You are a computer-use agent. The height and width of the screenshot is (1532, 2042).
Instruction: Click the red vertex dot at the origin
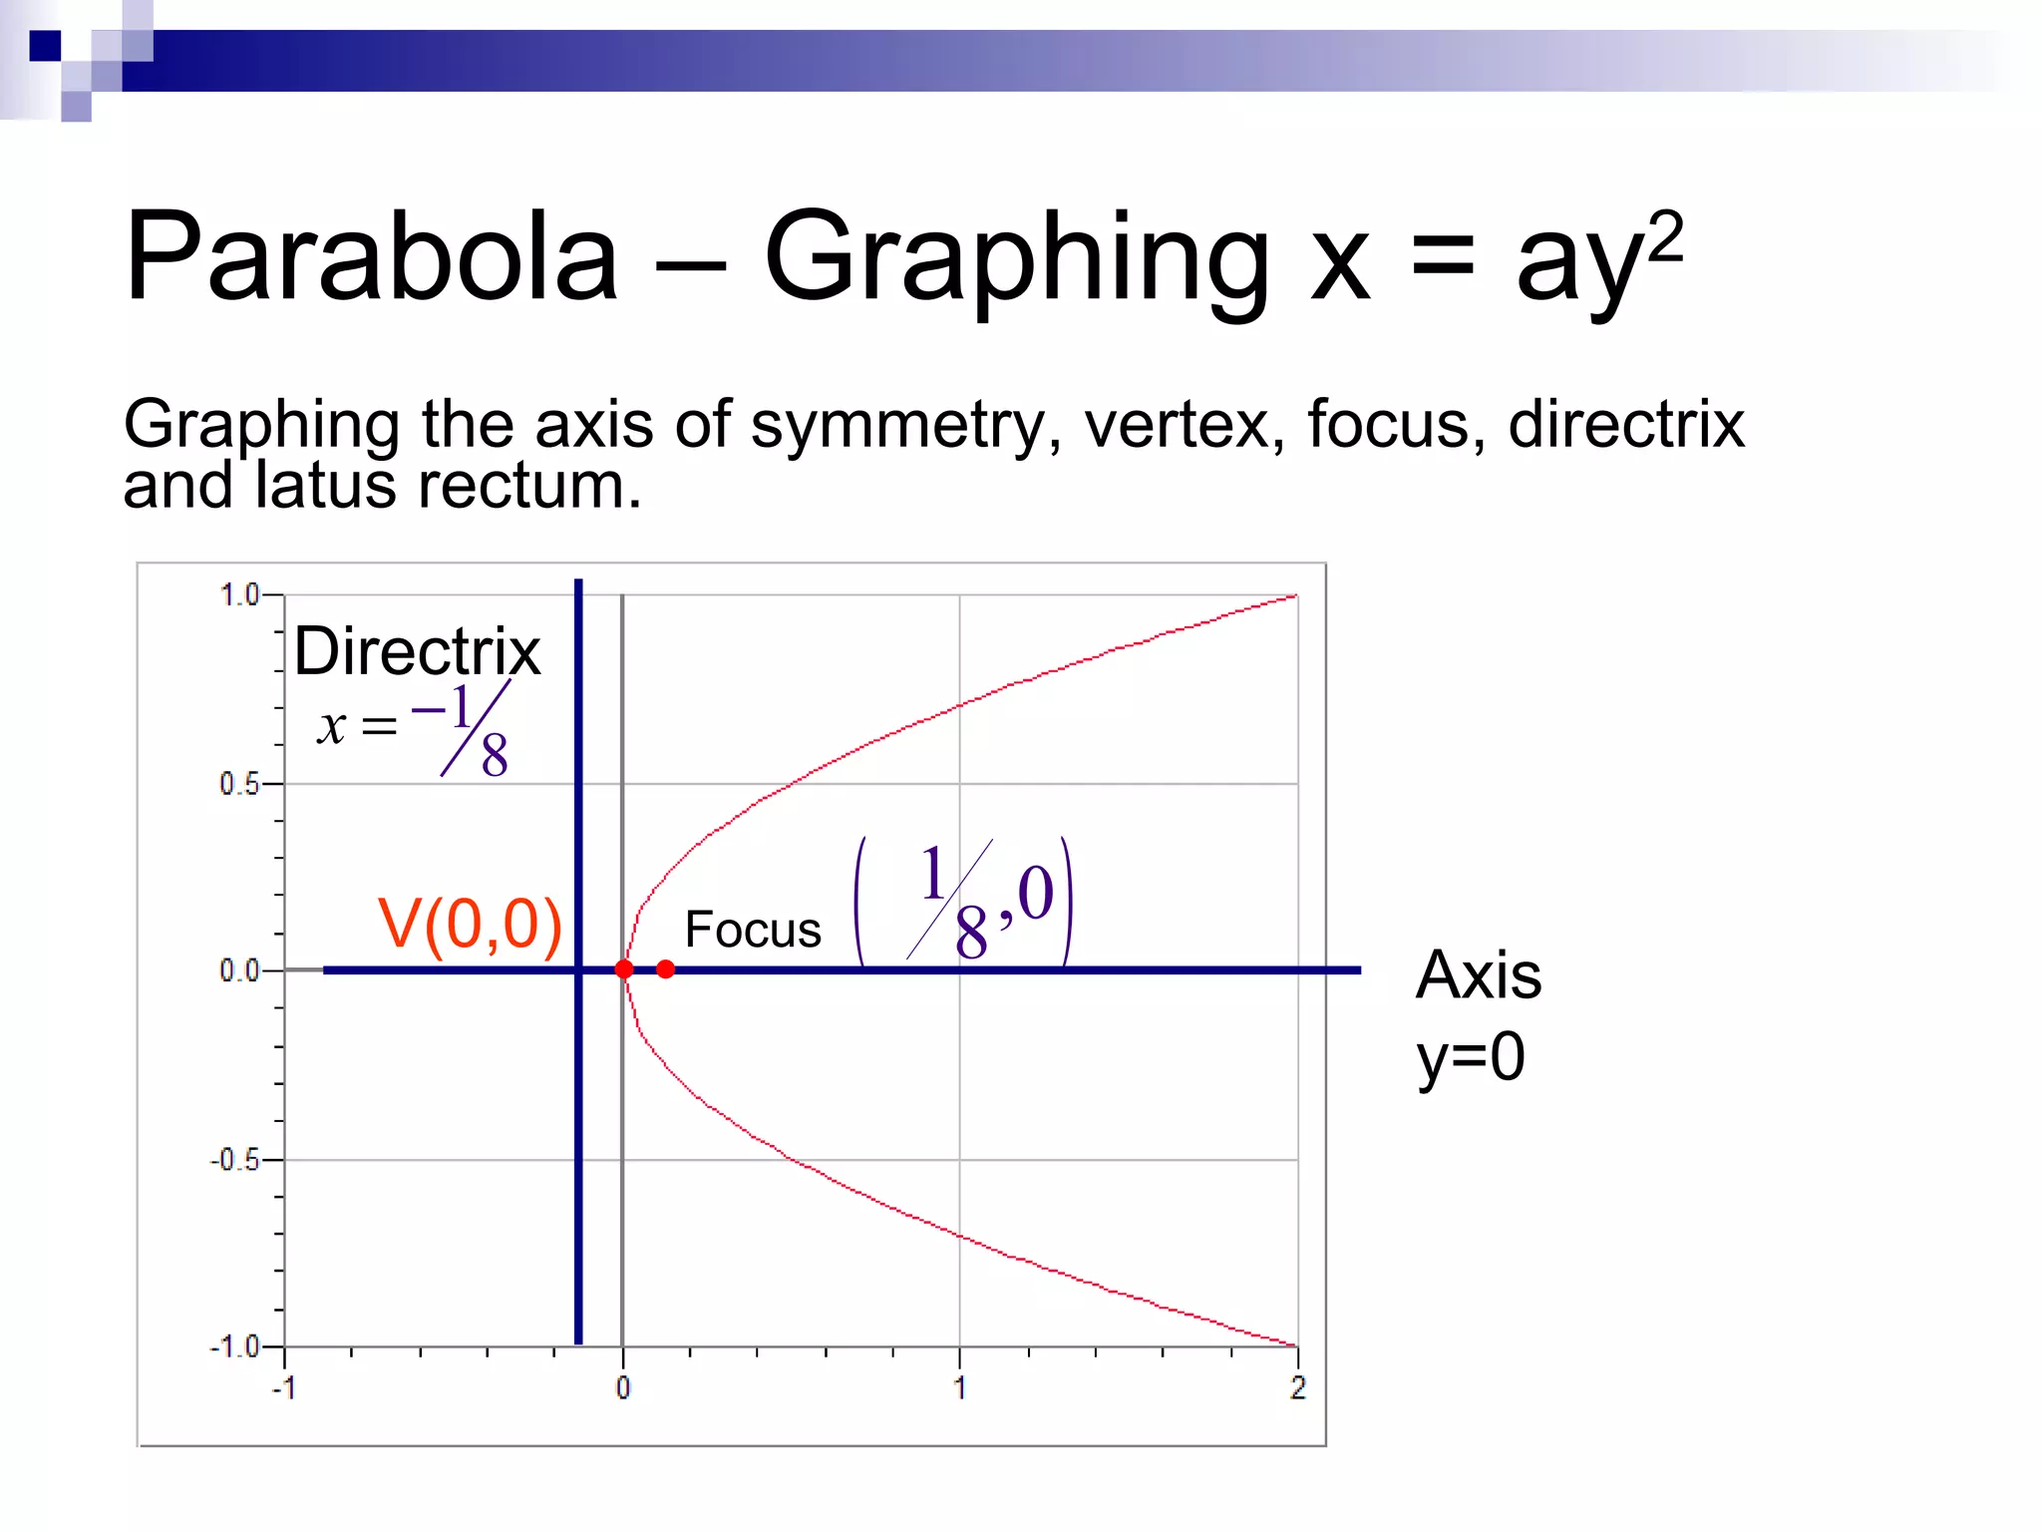click(624, 968)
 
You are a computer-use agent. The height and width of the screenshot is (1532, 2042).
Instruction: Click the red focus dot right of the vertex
click(666, 968)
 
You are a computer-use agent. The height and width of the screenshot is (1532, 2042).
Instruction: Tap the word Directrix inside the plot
click(417, 651)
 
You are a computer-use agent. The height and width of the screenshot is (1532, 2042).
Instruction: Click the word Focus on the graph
click(753, 930)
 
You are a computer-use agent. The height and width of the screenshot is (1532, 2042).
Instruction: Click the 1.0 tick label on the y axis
click(239, 595)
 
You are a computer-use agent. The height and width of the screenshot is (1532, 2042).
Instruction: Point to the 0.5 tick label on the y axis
click(239, 784)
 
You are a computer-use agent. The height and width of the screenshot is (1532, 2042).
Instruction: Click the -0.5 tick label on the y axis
click(234, 1160)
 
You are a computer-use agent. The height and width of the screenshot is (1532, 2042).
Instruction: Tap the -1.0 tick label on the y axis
click(234, 1346)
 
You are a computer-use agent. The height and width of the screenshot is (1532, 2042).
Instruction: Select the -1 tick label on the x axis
click(284, 1387)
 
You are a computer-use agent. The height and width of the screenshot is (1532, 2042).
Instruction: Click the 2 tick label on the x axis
click(1297, 1387)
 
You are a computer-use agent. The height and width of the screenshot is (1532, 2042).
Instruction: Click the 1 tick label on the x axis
click(959, 1387)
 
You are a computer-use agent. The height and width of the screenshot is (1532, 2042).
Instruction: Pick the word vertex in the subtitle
click(1177, 424)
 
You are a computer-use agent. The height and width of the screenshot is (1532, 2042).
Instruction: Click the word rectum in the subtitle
click(528, 486)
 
